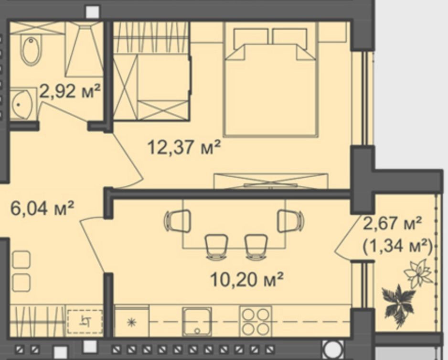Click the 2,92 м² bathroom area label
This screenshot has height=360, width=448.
click(x=70, y=91)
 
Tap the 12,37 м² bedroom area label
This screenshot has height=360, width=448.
click(x=184, y=148)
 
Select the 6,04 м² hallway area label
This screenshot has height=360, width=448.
click(x=42, y=208)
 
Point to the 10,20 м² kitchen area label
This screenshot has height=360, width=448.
click(x=247, y=279)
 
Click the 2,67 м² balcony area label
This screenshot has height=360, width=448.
click(x=392, y=223)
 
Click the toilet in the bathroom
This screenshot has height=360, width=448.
click(x=31, y=50)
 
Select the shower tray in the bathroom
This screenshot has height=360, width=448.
click(x=84, y=49)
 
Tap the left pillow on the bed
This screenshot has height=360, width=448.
click(x=251, y=37)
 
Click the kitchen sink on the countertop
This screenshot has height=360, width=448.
click(x=197, y=321)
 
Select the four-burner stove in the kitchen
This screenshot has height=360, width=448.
click(x=256, y=321)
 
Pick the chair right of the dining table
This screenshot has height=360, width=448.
click(x=291, y=221)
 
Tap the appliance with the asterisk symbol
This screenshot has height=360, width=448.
click(x=131, y=321)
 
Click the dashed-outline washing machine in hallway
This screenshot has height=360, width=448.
click(x=85, y=322)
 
